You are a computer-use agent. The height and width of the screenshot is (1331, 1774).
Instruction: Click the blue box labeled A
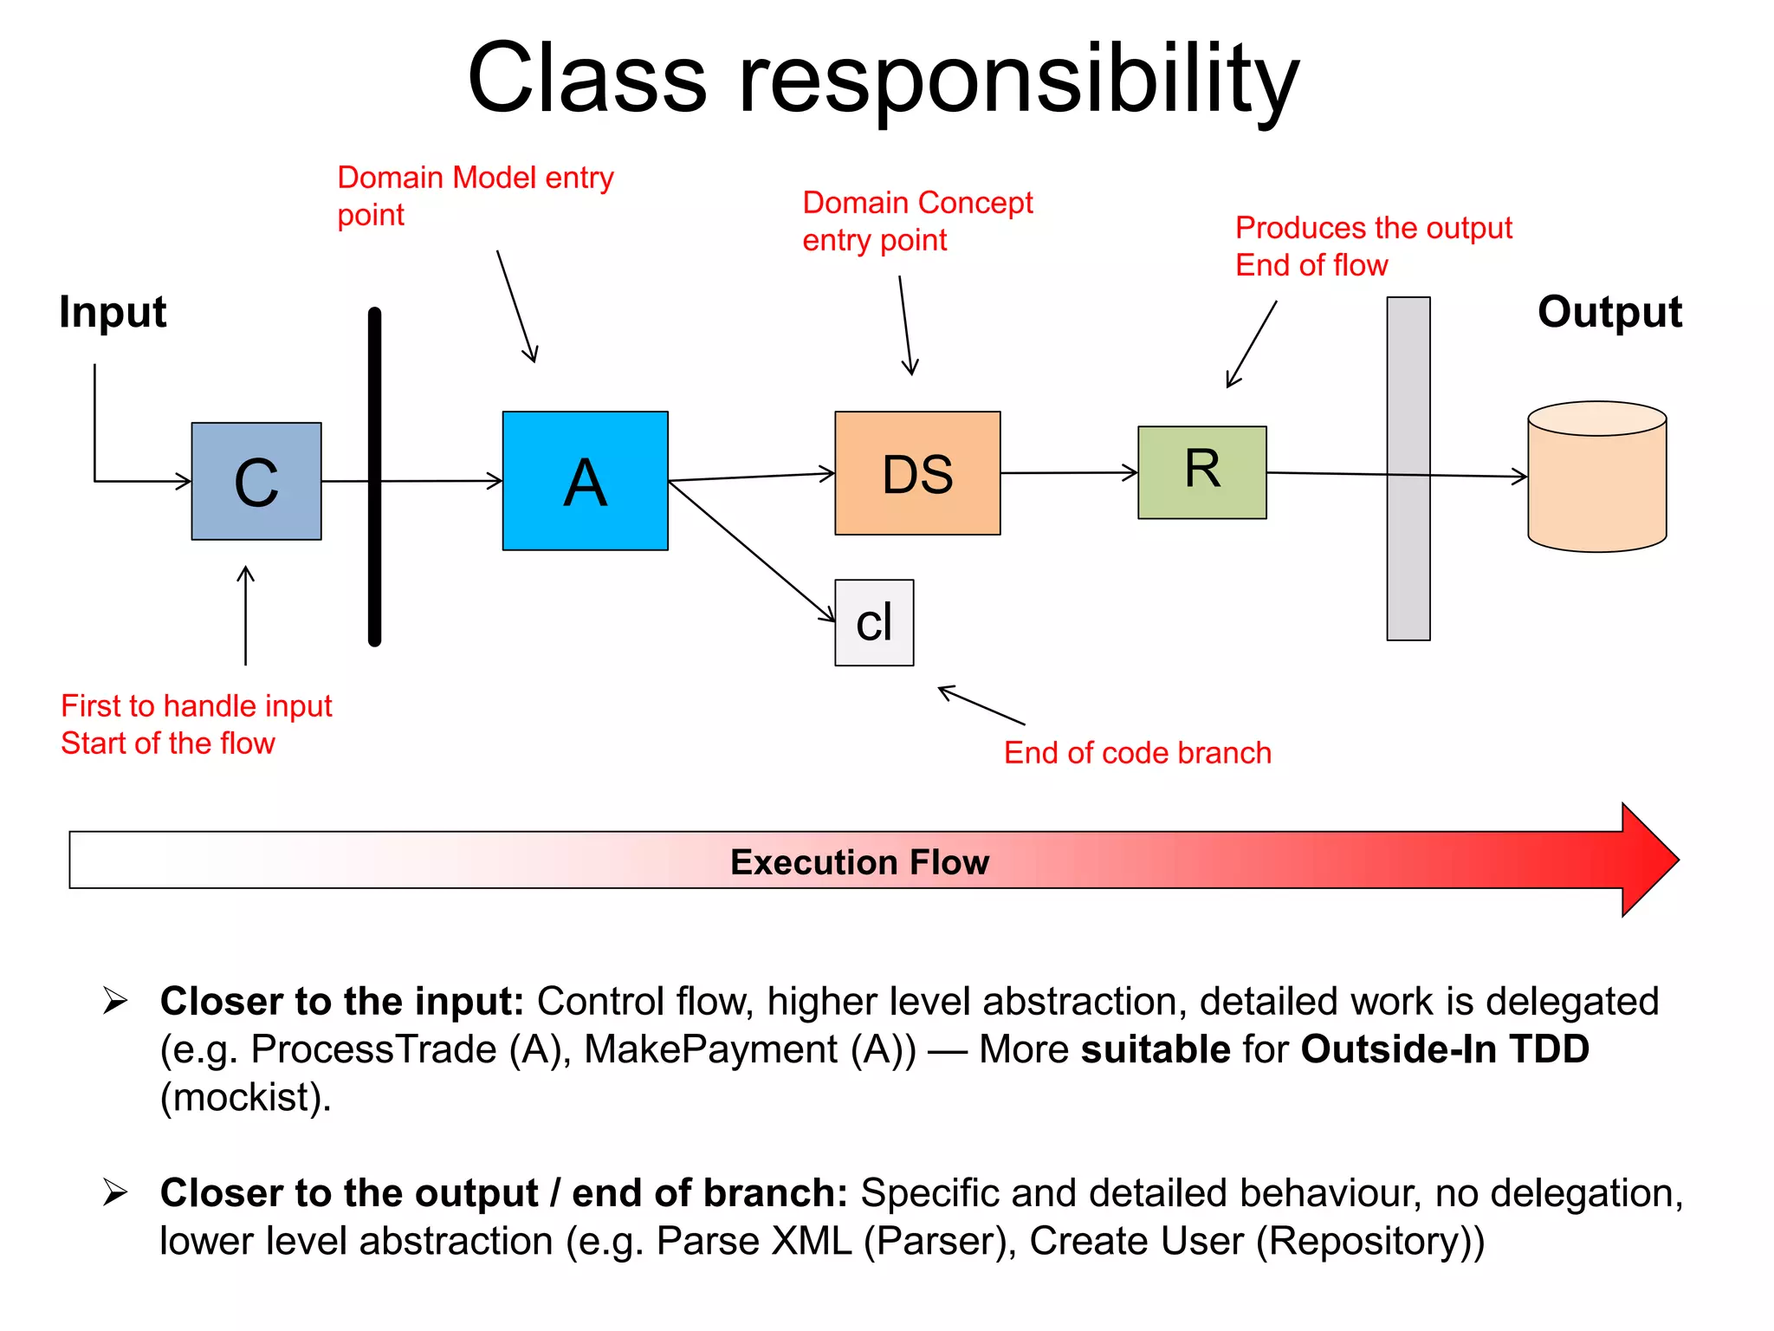(x=585, y=481)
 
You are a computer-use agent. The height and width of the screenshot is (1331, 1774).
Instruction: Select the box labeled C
(x=256, y=482)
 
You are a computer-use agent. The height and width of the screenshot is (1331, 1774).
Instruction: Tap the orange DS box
(x=917, y=473)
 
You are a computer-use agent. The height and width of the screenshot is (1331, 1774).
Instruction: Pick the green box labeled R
(x=1202, y=472)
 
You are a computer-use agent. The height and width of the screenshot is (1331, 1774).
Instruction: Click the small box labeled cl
(x=874, y=622)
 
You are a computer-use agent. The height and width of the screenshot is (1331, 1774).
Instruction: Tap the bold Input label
(x=113, y=312)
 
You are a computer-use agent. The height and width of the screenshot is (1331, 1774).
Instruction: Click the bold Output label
(x=1609, y=312)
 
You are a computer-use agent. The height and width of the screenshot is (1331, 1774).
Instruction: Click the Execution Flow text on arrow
(x=859, y=862)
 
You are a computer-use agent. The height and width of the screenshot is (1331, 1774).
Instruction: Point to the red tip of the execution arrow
(x=1650, y=860)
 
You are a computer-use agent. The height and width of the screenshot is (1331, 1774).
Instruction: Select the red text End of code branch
(x=1137, y=752)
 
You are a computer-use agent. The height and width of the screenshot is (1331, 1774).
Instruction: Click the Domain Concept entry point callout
(x=917, y=221)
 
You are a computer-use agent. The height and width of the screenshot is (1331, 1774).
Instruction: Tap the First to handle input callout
(x=196, y=724)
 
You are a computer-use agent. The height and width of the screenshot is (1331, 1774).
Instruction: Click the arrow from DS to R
(x=1069, y=473)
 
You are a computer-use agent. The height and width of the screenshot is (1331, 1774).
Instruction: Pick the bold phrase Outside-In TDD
(x=1445, y=1049)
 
